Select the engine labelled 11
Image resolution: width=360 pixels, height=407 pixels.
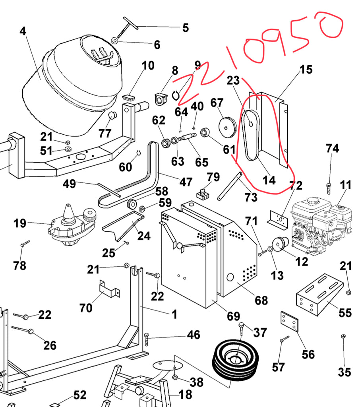tap(321, 225)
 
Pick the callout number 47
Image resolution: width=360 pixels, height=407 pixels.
tap(186, 182)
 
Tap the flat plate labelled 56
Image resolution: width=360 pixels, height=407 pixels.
tap(289, 321)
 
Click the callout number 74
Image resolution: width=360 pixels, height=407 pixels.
tap(332, 149)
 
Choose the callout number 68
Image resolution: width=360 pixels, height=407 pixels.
tap(261, 300)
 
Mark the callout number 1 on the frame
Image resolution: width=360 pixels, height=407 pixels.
tap(174, 314)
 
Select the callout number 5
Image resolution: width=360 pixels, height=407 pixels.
tap(185, 28)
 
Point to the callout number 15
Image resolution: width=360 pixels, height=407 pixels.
tap(306, 70)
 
